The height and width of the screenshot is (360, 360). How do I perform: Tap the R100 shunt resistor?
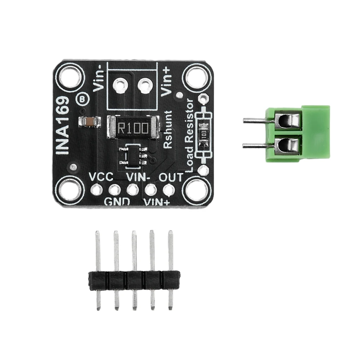point(133,127)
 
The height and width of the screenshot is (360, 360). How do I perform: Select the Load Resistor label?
point(190,136)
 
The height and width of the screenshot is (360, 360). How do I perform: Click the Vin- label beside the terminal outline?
point(99,80)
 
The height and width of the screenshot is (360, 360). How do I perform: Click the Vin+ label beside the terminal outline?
point(166,82)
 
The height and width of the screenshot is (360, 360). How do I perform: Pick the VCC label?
point(101,177)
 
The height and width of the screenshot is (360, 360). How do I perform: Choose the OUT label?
point(171,177)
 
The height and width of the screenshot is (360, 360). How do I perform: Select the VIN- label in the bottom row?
point(137,177)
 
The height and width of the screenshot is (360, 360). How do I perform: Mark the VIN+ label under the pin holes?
point(157,202)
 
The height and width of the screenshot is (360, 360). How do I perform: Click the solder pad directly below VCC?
point(96,189)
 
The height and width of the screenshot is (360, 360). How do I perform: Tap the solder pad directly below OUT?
point(168,189)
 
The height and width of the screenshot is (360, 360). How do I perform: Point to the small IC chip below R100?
point(133,155)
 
